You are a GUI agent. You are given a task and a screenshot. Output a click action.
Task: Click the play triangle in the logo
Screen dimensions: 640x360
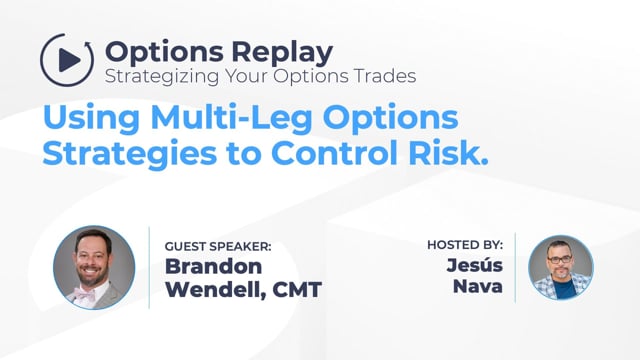[x=69, y=60]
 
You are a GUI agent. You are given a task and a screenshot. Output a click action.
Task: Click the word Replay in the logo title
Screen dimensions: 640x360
[x=282, y=53]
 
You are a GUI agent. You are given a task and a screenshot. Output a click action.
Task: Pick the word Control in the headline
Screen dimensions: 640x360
[x=334, y=153]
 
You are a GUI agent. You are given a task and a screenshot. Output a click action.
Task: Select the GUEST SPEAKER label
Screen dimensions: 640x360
[x=218, y=247]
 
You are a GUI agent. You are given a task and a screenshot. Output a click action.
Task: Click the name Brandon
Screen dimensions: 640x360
[x=213, y=267]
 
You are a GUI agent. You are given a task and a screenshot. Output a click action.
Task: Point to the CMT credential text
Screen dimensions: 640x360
[x=297, y=290]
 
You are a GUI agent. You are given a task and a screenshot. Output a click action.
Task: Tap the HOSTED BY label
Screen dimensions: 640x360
[x=465, y=245]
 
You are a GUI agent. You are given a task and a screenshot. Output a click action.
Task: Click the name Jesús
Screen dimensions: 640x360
[x=475, y=265]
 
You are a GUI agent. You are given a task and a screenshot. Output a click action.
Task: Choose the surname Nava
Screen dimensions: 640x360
[x=478, y=286]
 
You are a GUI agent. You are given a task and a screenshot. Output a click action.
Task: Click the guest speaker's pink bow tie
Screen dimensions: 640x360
[x=84, y=294]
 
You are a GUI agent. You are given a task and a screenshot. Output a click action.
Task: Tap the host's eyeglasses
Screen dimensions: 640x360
[x=560, y=259]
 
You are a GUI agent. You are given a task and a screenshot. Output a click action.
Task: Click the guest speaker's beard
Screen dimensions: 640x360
[x=92, y=276]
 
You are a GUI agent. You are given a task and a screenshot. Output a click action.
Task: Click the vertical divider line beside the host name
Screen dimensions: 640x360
[x=515, y=268]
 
